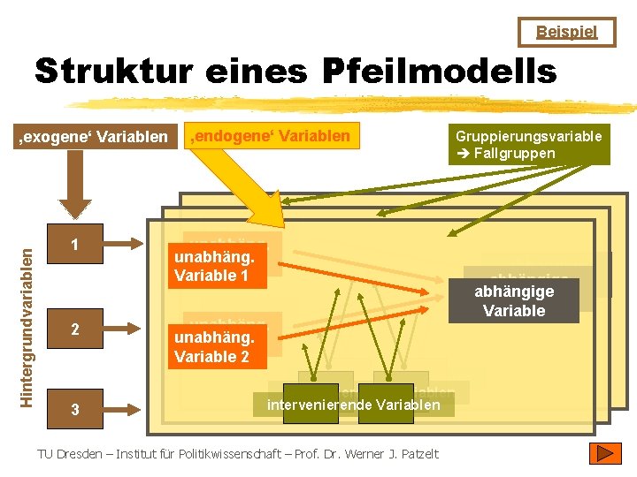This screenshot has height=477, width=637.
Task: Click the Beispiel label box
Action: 567,32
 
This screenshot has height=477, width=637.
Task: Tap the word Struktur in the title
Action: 115,72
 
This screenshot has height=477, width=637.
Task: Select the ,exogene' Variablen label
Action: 94,136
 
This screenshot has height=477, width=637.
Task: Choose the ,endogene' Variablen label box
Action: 271,135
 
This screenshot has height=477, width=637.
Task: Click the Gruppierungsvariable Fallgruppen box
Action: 528,145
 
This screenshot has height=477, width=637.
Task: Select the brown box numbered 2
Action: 75,329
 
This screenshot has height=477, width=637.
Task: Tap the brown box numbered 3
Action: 75,409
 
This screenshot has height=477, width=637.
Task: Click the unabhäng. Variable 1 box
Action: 215,266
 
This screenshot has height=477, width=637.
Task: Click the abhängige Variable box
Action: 514,300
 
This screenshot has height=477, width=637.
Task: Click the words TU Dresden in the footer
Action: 67,454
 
